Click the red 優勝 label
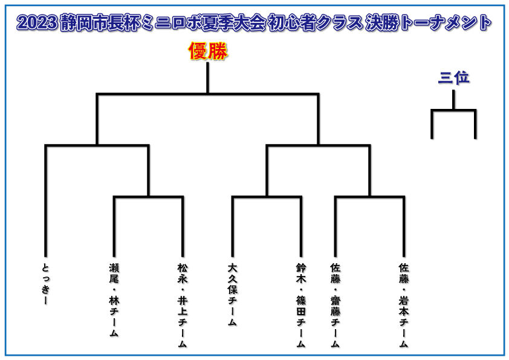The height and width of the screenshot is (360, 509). point(208,51)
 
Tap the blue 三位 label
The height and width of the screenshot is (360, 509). point(453,77)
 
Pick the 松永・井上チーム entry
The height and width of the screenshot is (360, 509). point(183,305)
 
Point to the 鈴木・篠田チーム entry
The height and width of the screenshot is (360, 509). point(301,305)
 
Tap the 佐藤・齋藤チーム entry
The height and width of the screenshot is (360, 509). point(336,305)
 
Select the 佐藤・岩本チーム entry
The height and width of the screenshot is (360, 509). point(404,305)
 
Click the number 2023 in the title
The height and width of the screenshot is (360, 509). point(37,23)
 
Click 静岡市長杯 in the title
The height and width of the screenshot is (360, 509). point(100,23)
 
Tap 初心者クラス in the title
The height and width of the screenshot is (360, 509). point(314,23)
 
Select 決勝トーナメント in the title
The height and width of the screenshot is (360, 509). point(428,23)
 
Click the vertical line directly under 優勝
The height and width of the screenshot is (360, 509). point(208,78)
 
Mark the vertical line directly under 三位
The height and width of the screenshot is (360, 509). point(453,100)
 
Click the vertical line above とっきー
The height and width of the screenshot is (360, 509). point(46,201)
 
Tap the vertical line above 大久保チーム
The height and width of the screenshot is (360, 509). point(232,226)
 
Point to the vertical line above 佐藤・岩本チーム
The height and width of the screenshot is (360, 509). point(404,226)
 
